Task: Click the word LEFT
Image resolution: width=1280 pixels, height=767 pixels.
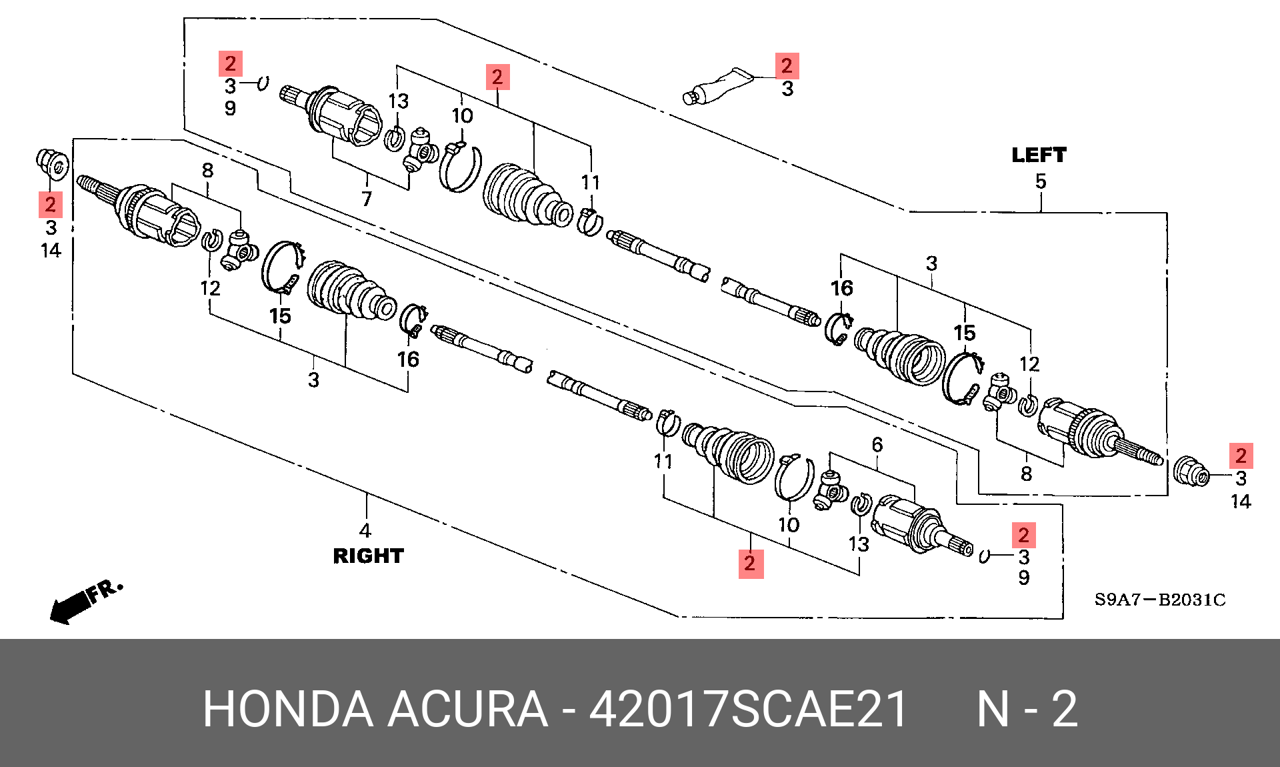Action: [x=1039, y=155]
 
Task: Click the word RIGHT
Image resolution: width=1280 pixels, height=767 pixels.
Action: [x=368, y=556]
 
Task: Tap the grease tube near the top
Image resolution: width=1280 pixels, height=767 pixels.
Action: [x=717, y=87]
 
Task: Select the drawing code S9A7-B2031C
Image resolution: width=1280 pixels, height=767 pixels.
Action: [x=1160, y=599]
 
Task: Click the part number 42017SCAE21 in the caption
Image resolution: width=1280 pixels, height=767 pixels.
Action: [x=749, y=708]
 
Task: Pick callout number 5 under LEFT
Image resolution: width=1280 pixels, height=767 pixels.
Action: [x=1041, y=181]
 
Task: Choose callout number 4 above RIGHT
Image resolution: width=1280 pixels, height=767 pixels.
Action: [x=365, y=530]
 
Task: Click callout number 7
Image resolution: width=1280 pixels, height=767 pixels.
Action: [x=367, y=198]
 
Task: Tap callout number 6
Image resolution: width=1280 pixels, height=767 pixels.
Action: [x=877, y=444]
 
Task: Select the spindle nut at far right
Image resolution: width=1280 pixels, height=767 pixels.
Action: [x=1191, y=472]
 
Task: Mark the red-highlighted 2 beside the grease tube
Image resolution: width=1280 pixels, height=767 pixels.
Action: [x=787, y=65]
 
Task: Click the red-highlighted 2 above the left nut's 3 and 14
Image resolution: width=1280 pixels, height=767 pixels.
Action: [x=51, y=204]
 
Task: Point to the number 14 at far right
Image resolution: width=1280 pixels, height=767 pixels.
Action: [x=1241, y=501]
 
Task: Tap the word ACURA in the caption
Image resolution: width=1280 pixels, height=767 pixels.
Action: [x=467, y=708]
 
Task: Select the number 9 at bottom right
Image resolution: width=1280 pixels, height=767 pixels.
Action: [x=1024, y=578]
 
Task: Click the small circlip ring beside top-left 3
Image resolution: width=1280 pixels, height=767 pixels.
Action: [x=263, y=83]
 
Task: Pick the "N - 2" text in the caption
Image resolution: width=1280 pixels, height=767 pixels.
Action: [x=1027, y=708]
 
